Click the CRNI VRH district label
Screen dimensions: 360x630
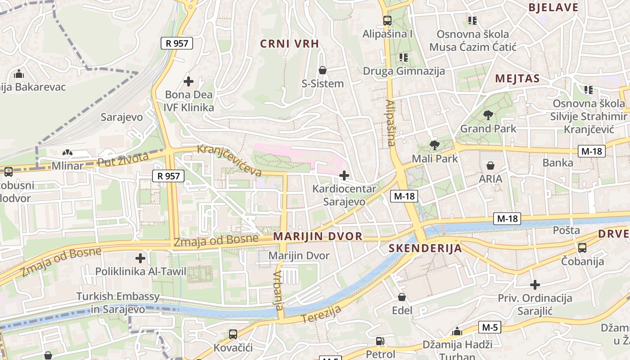click(290, 44)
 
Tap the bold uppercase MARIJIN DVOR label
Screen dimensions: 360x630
click(318, 236)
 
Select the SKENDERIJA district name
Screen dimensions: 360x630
click(425, 248)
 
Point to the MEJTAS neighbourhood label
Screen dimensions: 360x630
click(517, 79)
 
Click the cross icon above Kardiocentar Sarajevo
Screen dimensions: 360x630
click(344, 175)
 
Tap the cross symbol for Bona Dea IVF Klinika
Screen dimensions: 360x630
click(189, 81)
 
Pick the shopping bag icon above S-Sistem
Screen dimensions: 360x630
click(323, 70)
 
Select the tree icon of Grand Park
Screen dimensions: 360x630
click(488, 115)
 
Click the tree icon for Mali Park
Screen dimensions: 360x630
click(434, 145)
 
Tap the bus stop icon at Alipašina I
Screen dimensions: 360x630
click(387, 20)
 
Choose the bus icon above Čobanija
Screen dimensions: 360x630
click(582, 247)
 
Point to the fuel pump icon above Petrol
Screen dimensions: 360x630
click(380, 341)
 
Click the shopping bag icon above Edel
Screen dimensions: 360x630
click(402, 297)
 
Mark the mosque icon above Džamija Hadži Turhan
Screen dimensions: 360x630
click(457, 332)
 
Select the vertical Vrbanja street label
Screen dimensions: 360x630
click(279, 291)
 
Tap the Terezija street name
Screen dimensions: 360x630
click(321, 314)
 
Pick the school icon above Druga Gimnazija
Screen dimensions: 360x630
click(403, 57)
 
